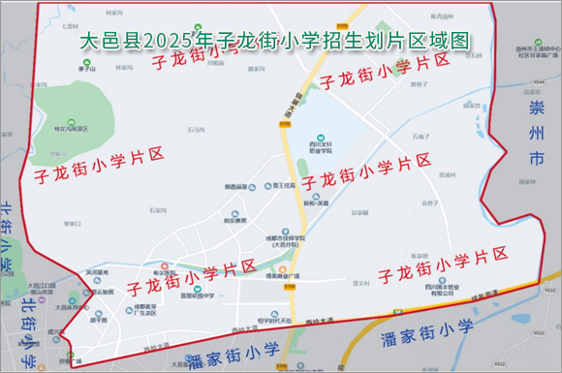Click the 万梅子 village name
point(420,137)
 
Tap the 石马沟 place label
point(197,128)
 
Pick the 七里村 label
point(69,13)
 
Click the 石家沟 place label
point(158,209)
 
